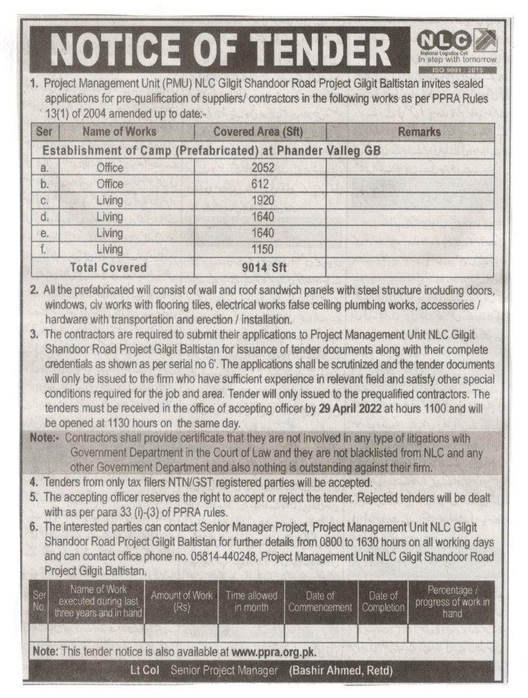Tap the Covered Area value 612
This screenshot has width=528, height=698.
[260, 184]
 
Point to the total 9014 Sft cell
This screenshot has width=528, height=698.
[261, 267]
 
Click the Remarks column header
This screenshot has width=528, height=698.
[419, 132]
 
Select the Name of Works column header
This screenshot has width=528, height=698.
[119, 132]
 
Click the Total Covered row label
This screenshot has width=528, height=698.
[108, 267]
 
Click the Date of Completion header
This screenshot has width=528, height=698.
[383, 602]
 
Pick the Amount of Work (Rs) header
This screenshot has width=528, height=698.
[182, 602]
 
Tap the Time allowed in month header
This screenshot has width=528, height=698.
[252, 602]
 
